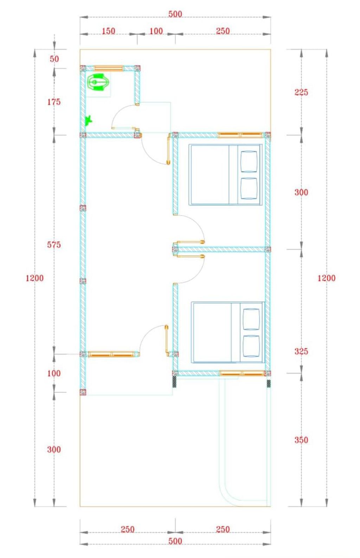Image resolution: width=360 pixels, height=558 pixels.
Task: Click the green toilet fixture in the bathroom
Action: coord(98,82)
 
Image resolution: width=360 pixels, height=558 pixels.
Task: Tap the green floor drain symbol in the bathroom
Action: coord(89,120)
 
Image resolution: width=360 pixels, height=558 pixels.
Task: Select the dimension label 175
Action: coord(54,102)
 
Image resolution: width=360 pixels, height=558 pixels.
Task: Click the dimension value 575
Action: coord(54,245)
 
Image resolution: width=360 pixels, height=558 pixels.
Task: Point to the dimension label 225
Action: coord(301,92)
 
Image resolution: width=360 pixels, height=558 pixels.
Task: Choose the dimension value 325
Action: coord(301,351)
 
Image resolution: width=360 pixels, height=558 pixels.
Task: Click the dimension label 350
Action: coord(301,440)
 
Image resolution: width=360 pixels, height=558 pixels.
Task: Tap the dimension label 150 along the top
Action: coord(109,31)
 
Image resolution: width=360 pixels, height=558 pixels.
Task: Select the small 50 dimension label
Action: coord(54,59)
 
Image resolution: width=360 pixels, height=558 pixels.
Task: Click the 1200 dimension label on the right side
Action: coord(326,278)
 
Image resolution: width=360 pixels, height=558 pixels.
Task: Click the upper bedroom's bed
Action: coord(225,175)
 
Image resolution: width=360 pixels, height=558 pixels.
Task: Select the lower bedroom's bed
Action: coord(228,332)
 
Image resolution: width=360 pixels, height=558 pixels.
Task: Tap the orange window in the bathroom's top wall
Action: coord(109,68)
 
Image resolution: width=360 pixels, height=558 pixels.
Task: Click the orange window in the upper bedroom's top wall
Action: coord(240,135)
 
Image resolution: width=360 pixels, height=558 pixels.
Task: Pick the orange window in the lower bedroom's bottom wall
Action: coord(242,373)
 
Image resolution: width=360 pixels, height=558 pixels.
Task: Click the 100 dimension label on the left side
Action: coord(54,373)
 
